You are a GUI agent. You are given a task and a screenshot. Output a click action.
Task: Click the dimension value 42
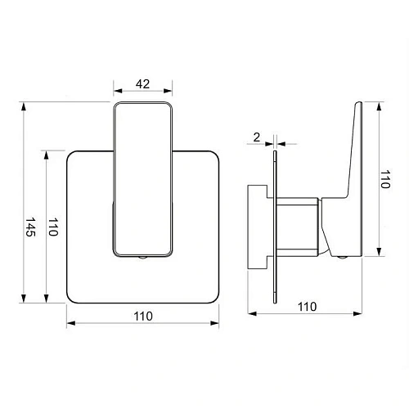point(143,84)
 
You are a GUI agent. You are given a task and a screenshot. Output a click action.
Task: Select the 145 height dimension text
point(30,227)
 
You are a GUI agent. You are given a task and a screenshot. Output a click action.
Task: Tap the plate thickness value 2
point(257,137)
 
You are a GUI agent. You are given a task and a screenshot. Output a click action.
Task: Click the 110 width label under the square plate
point(143,317)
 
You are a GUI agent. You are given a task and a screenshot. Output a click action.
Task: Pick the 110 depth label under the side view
point(308,307)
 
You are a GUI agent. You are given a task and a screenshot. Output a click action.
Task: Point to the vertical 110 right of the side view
point(385,179)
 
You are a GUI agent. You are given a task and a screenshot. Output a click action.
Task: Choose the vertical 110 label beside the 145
point(53,227)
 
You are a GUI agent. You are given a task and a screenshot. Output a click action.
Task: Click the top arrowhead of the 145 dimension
point(24,106)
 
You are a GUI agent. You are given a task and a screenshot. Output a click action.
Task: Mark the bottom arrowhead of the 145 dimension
point(24,299)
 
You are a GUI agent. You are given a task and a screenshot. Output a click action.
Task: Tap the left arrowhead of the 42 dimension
point(118,91)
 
